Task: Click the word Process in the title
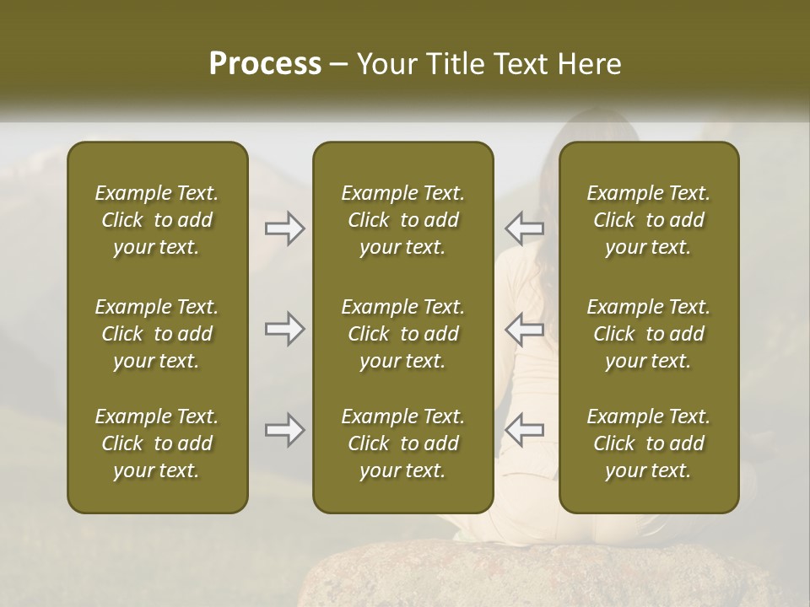coord(265,64)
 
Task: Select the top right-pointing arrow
coord(284,228)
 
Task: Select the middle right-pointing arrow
coord(284,329)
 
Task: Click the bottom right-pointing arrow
coord(284,430)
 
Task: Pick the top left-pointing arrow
coord(524,228)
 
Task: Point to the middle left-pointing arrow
coord(524,329)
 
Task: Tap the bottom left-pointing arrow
coord(524,430)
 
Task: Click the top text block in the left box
coord(157,220)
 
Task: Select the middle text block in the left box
coord(157,334)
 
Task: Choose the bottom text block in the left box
coord(157,443)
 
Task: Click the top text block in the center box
coord(402,220)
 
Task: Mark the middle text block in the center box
coord(402,334)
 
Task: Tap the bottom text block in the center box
coord(402,443)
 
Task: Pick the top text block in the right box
coord(648,220)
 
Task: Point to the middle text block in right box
coord(648,334)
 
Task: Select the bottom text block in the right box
coord(648,443)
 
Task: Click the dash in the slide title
coord(339,65)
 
